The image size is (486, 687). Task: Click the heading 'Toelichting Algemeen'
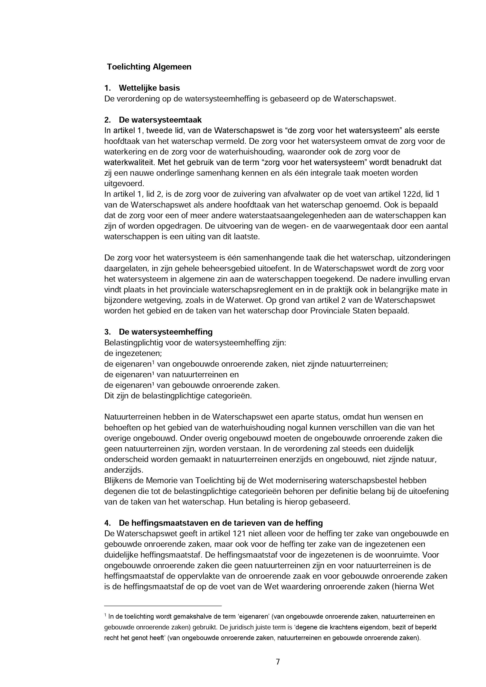[149, 67]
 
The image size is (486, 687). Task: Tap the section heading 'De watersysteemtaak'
[160, 120]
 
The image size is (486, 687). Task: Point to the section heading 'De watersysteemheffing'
[166, 332]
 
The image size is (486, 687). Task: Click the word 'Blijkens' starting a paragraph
[118, 480]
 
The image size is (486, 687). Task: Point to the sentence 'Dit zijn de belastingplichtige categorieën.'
[178, 396]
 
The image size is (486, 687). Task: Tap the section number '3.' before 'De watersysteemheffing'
[108, 332]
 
